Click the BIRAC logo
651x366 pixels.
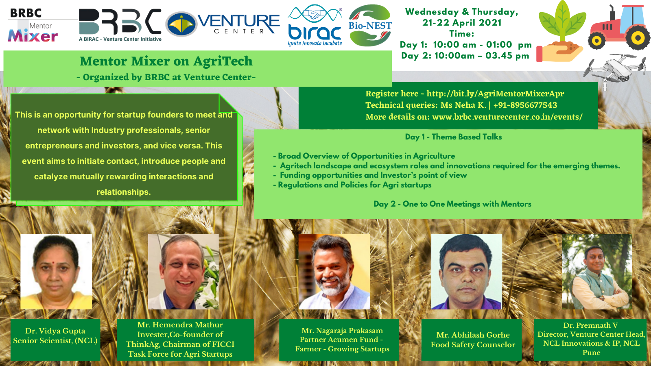pyautogui.click(x=315, y=25)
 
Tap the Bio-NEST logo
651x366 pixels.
pyautogui.click(x=370, y=25)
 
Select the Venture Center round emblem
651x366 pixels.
pyautogui.click(x=181, y=24)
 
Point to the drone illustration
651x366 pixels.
pyautogui.click(x=615, y=70)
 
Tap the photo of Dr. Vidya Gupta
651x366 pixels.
pyautogui.click(x=56, y=272)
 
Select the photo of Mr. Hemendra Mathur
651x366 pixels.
pyautogui.click(x=184, y=272)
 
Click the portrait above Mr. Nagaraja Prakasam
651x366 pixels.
pyautogui.click(x=334, y=272)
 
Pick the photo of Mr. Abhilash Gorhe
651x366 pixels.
pyautogui.click(x=466, y=272)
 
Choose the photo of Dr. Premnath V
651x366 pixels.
pyautogui.click(x=597, y=272)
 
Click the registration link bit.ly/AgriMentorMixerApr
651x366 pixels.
pyautogui.click(x=495, y=94)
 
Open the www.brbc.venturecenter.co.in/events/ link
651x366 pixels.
pyautogui.click(x=507, y=117)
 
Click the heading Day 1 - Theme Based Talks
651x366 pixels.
pyautogui.click(x=453, y=137)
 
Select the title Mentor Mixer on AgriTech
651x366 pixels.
pyautogui.click(x=166, y=61)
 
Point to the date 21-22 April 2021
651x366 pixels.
pyautogui.click(x=462, y=23)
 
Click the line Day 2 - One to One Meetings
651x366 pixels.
pyautogui.click(x=452, y=204)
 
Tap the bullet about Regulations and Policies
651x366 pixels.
pyautogui.click(x=352, y=185)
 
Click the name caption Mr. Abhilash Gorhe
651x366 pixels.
pyautogui.click(x=473, y=335)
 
